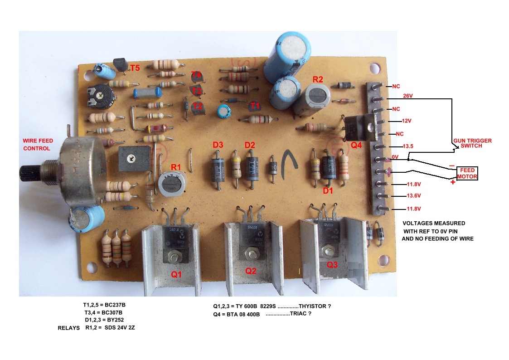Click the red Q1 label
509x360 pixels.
(x=175, y=274)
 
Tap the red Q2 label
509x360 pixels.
(x=251, y=271)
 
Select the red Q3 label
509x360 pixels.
(x=332, y=265)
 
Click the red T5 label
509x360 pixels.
(x=135, y=68)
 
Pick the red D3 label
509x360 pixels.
(x=218, y=145)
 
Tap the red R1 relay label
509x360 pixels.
(x=175, y=167)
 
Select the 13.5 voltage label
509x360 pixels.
(x=408, y=146)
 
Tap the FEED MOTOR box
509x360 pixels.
(x=467, y=173)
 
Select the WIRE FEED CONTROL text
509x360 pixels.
(x=40, y=145)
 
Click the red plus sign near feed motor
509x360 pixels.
(x=453, y=182)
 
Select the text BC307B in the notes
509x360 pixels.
(x=111, y=313)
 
